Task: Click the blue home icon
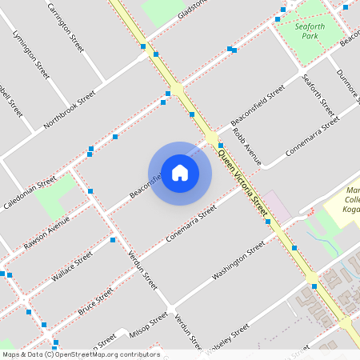pos(180,173)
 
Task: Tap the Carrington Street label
pos(66,27)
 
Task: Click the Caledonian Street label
pos(30,192)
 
